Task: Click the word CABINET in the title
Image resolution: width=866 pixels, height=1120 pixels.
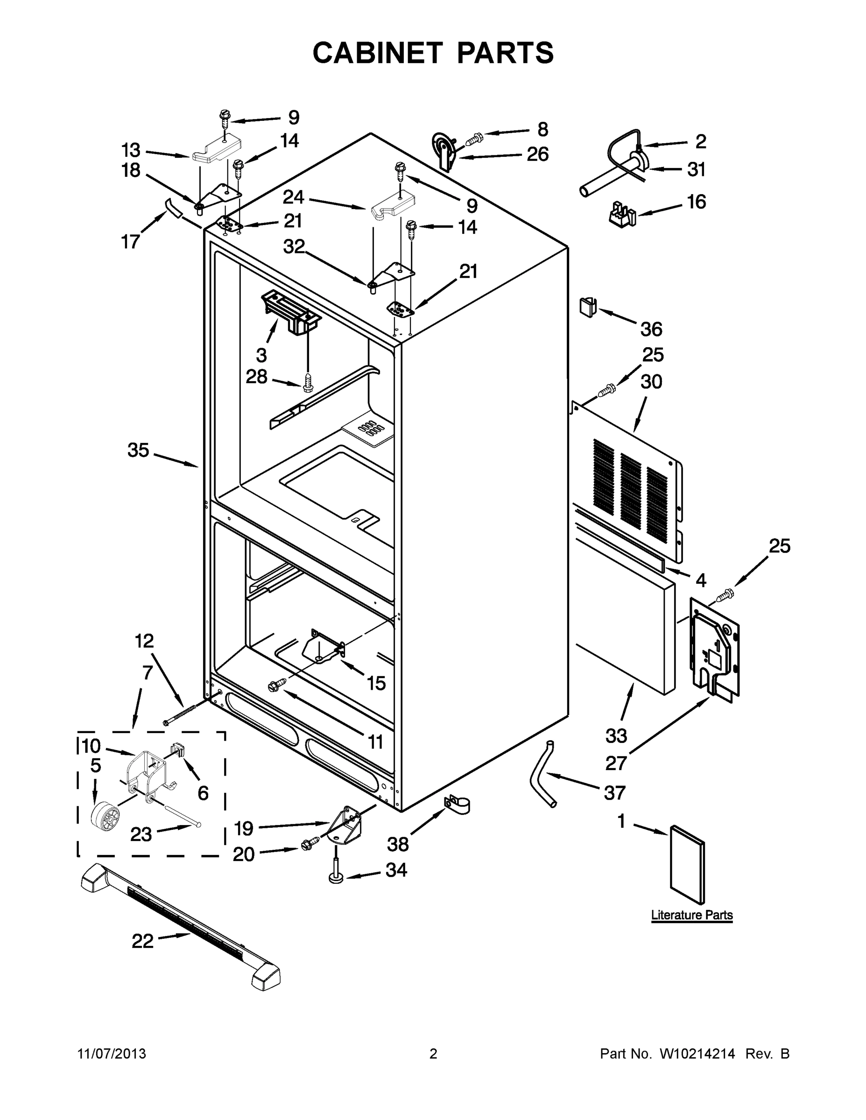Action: coord(377,53)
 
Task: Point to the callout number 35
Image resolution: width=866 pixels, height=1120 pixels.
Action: coord(138,450)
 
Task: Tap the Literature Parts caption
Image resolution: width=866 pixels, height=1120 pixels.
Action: coord(691,915)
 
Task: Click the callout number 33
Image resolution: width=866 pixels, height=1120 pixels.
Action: coord(616,735)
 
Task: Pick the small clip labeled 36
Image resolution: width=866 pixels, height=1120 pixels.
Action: coord(588,307)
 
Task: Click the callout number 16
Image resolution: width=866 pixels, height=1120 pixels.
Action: coord(696,202)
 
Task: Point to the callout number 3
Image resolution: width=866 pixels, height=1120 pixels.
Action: coord(261,354)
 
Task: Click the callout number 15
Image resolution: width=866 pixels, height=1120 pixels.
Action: coord(376,683)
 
